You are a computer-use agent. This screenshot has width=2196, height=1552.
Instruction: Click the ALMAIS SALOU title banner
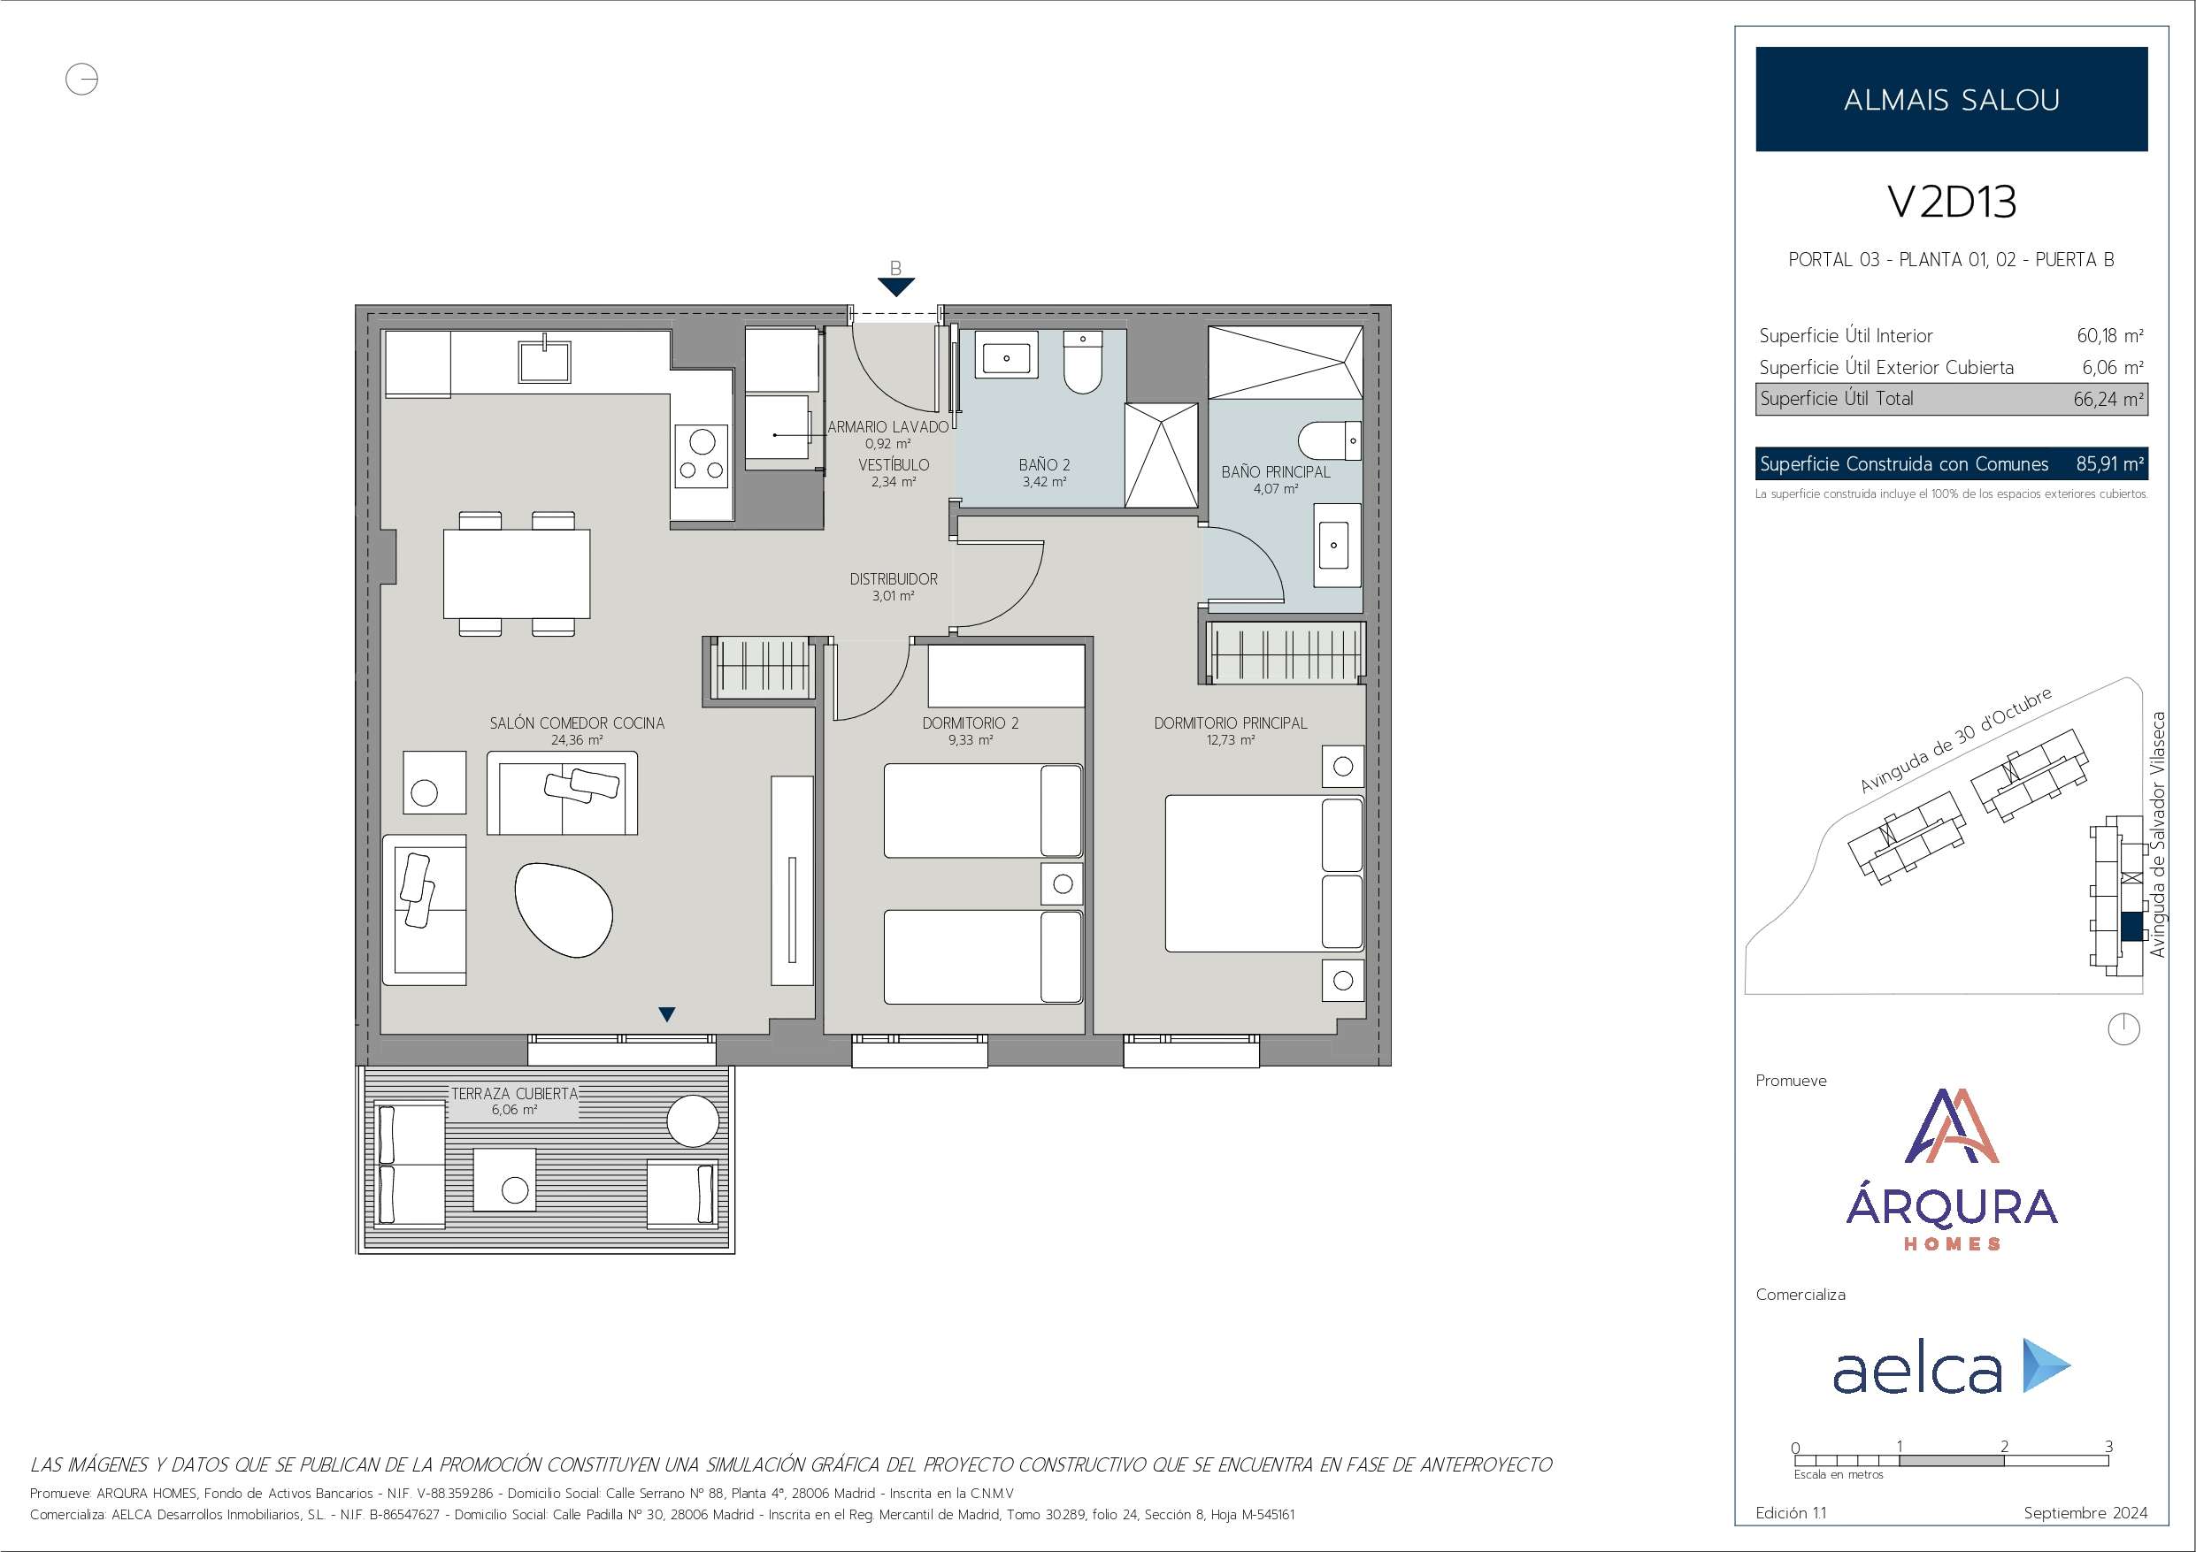click(1951, 98)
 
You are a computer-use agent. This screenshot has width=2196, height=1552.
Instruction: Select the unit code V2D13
click(1951, 202)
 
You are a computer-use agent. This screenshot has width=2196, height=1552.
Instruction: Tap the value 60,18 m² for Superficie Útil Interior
click(2110, 336)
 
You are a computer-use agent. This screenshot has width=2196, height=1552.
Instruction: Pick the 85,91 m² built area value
click(2110, 463)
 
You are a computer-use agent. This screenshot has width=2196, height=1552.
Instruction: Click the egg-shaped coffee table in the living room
click(564, 909)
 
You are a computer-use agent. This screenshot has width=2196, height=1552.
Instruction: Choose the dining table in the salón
click(517, 574)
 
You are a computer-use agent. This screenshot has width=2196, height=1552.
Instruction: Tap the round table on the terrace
click(693, 1120)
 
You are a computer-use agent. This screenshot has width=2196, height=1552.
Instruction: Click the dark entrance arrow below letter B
click(896, 287)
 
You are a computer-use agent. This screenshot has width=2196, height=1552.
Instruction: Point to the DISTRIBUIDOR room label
click(894, 578)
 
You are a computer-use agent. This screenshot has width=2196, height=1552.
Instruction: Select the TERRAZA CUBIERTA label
click(515, 1093)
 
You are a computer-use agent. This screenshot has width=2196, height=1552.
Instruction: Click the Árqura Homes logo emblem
click(1952, 1126)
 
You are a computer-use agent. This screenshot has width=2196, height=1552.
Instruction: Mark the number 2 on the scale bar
click(2004, 1447)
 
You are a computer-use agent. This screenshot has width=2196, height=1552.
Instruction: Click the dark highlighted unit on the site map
click(2132, 927)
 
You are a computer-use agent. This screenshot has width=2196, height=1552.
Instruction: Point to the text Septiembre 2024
click(2086, 1513)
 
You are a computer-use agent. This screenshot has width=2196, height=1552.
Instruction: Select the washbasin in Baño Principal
click(1333, 545)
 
